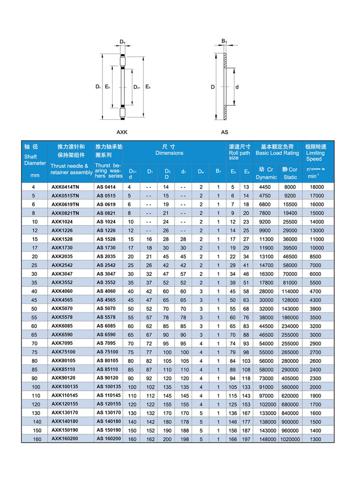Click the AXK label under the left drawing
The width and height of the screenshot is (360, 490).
coord(122,132)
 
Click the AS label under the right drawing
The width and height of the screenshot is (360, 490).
coord(225,132)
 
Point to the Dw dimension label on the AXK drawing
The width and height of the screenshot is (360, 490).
coord(122,42)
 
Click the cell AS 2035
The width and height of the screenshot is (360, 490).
coord(106,256)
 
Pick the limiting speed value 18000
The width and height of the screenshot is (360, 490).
coord(316,186)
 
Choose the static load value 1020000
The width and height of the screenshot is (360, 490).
coord(290,439)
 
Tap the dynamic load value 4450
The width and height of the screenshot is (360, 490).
coord(266,186)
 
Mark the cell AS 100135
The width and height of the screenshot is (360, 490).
coord(109,386)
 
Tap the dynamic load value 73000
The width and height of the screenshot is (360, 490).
coord(266,378)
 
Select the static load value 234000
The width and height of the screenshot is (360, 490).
coord(290,326)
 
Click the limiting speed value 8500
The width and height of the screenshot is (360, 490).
coord(316,256)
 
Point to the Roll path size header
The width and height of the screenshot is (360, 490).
coord(239,153)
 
